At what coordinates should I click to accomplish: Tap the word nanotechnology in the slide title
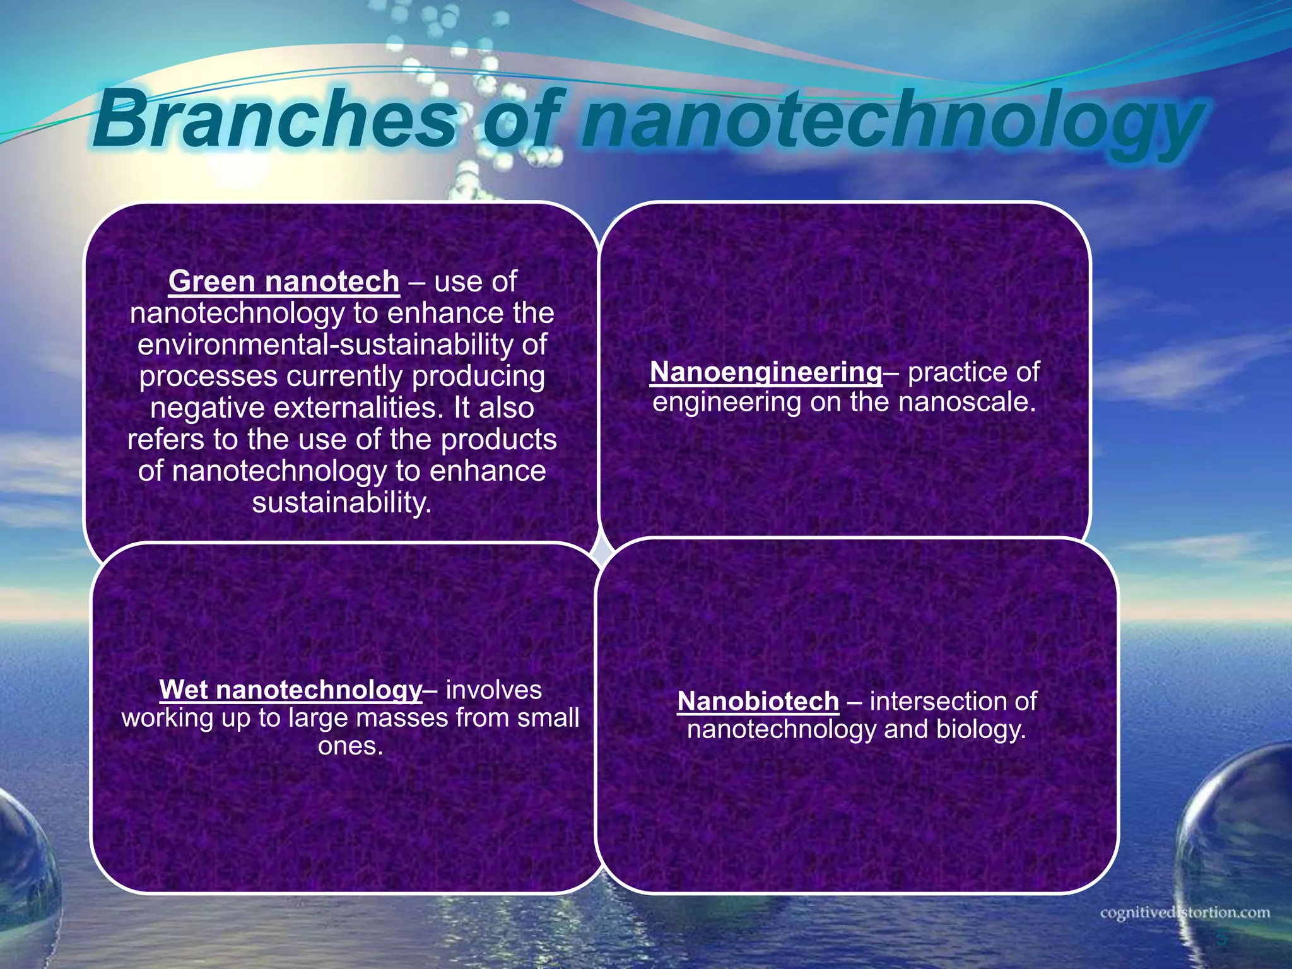pos(890,123)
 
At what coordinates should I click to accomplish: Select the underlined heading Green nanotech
pos(284,281)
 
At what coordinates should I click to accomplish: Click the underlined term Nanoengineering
pos(766,372)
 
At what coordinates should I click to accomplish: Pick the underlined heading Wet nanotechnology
pos(290,690)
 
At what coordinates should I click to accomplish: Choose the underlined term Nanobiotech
pos(758,702)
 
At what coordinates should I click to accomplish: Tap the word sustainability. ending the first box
pos(342,503)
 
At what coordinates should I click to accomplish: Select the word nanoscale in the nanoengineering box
pos(966,402)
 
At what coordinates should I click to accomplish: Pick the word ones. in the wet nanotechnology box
pos(351,746)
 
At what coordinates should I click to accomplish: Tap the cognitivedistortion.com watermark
pos(1185,913)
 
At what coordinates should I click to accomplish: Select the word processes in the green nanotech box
pos(208,377)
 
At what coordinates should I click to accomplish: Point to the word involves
pos(493,690)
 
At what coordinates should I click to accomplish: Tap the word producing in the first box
pos(478,377)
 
